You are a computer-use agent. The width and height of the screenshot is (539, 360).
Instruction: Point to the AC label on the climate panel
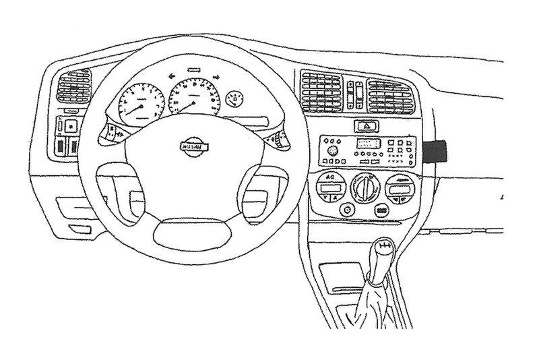click(x=330, y=178)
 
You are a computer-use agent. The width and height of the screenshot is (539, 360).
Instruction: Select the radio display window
click(x=367, y=143)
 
